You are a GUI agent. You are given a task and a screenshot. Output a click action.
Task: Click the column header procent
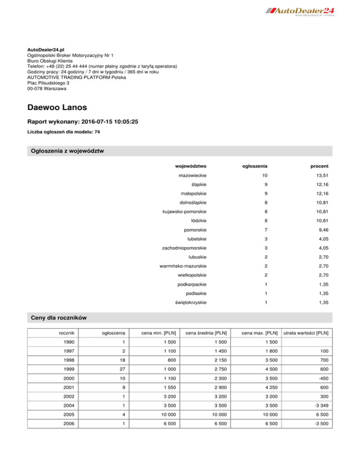click(x=319, y=166)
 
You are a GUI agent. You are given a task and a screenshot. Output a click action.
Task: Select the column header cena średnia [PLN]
click(x=203, y=333)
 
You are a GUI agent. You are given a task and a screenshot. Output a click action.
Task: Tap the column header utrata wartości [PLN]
click(x=306, y=333)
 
